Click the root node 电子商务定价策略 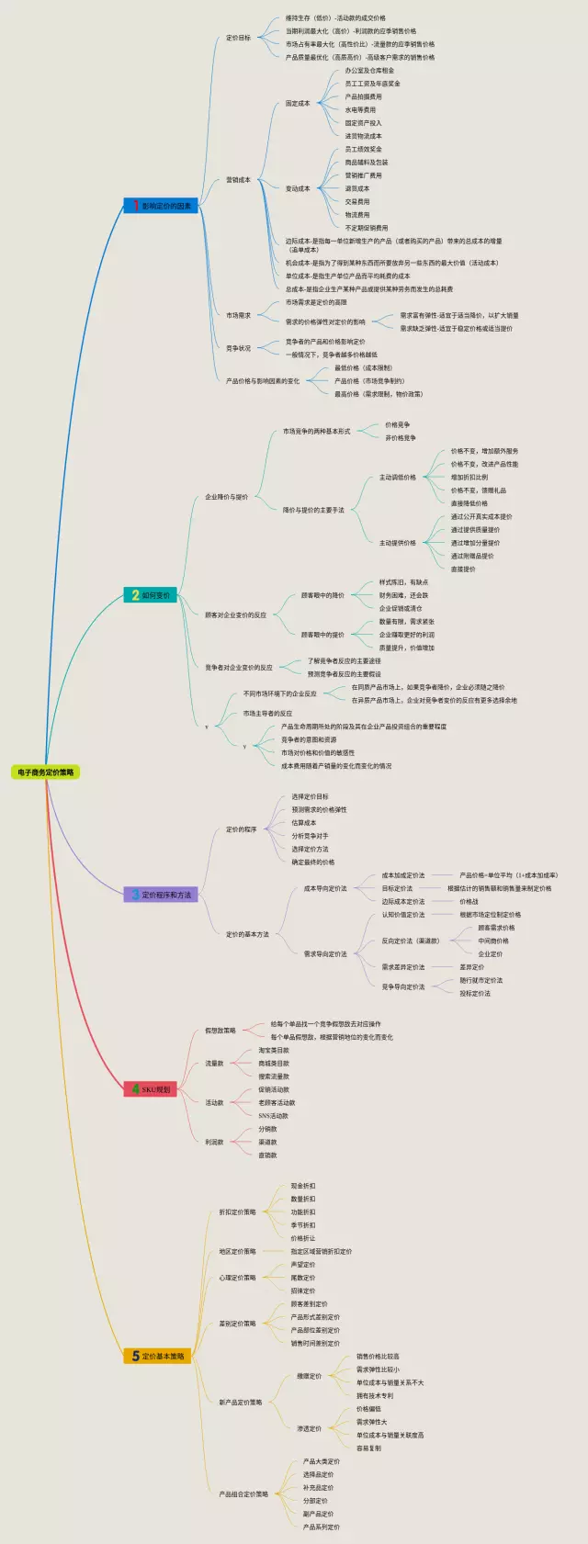46,772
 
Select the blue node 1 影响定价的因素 161,206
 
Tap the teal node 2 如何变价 151,595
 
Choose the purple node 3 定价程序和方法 161,894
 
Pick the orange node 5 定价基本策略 157,1356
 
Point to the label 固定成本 298,104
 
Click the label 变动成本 298,188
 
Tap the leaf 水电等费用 360,110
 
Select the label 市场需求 238,315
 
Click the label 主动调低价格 397,478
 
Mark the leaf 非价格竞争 400,438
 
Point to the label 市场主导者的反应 267,713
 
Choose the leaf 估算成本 303,823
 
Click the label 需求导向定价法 325,953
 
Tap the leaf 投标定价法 475,993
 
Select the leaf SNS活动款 273,1116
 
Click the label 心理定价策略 237,1278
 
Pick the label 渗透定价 309,1428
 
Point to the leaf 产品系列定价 321,1527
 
